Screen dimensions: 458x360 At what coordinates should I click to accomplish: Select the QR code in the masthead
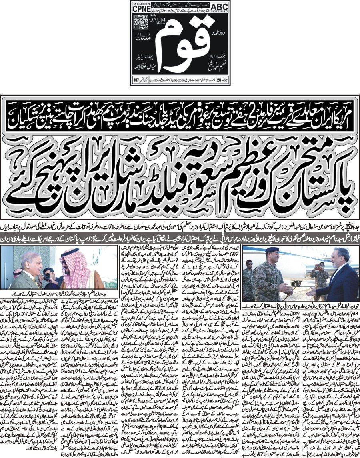pos(140,23)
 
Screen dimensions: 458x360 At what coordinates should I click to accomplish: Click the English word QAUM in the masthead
pos(152,22)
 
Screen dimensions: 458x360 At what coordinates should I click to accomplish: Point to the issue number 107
pos(136,80)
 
